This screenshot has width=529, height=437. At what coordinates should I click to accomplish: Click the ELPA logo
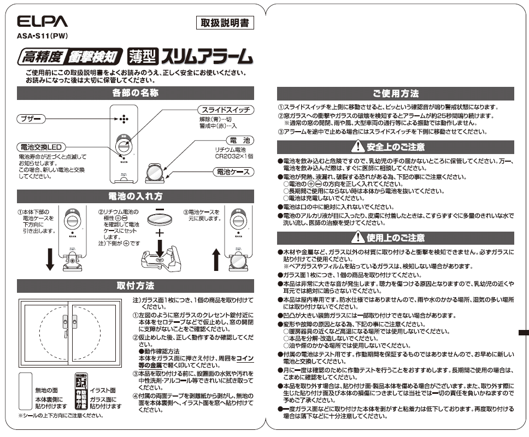coord(42,22)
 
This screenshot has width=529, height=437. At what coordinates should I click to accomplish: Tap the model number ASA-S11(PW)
coord(41,38)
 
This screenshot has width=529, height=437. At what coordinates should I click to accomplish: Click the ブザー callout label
coord(30,119)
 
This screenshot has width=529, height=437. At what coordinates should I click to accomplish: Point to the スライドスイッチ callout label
coord(225,110)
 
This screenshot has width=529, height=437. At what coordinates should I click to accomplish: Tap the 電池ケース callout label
coord(233,172)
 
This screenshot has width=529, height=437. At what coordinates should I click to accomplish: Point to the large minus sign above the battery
coord(159,210)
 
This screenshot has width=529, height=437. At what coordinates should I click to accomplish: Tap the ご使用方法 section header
coord(396,93)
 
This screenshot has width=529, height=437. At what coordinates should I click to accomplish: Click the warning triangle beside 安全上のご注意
coord(357,146)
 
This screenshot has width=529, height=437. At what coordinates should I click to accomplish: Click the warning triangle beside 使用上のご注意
coord(357,238)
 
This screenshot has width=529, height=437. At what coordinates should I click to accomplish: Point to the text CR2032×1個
coord(234,156)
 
